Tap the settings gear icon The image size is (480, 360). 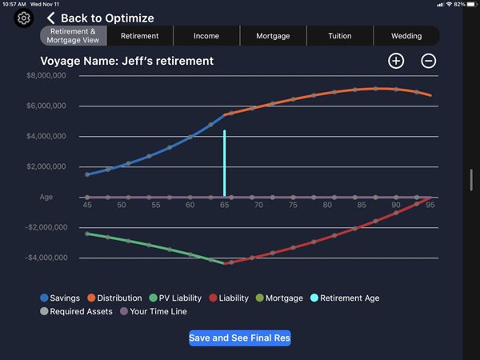pos(23,18)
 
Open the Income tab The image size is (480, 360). pos(206,36)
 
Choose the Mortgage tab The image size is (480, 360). pos(273,36)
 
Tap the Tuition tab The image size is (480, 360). pos(339,36)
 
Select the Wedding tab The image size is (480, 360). pos(406,36)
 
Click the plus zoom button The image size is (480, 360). pos(396,61)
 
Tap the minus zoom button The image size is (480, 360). pos(429,61)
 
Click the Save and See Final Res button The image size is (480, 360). pos(240,338)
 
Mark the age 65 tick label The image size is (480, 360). pos(225,206)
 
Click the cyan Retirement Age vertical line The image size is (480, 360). pos(225,160)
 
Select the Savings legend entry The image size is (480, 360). pos(60,298)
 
